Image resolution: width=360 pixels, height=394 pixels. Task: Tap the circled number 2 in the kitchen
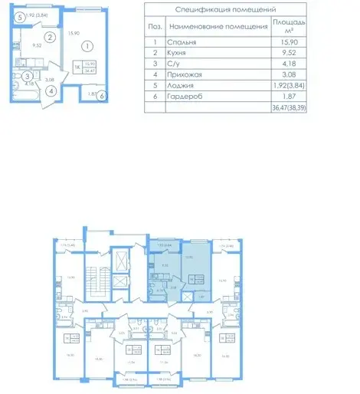[x=48, y=36]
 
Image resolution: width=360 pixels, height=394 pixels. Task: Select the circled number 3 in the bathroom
[x=26, y=76]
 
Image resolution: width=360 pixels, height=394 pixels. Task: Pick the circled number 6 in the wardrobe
[x=102, y=96]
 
